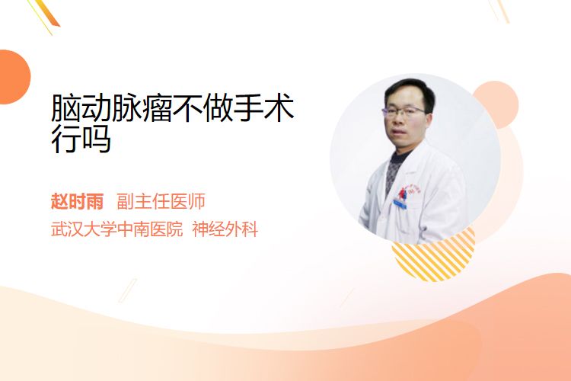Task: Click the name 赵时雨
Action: click(77, 201)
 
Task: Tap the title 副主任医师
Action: click(161, 201)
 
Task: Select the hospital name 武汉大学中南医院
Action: click(116, 229)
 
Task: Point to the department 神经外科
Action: click(225, 229)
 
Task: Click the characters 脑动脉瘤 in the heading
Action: click(111, 108)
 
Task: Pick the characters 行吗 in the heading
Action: click(81, 139)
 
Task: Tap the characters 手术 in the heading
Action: click(263, 108)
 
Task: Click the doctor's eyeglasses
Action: click(403, 110)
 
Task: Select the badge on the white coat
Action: click(400, 203)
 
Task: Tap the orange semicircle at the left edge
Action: click(14, 77)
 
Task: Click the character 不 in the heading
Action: click(188, 108)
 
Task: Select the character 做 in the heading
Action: click(219, 108)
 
